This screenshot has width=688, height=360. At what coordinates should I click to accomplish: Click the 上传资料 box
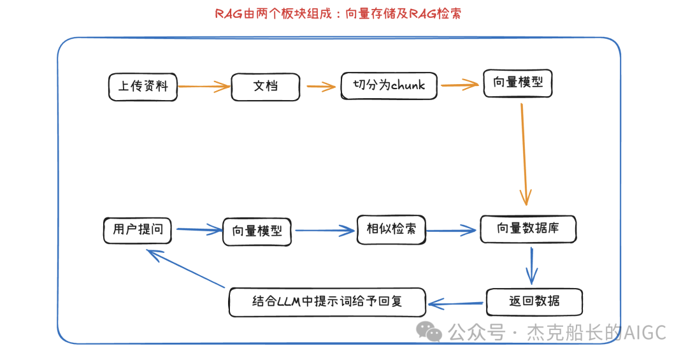[x=143, y=86]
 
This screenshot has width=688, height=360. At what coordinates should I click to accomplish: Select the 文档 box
[x=265, y=86]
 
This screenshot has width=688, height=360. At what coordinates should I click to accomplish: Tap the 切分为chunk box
[x=389, y=85]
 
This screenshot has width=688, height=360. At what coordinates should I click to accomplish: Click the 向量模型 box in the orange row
[x=517, y=83]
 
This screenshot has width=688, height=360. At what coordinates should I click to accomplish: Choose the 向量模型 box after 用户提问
[x=257, y=231]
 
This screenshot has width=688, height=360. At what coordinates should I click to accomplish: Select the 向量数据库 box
[x=527, y=229]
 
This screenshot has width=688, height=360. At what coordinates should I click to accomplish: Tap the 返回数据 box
[x=534, y=301]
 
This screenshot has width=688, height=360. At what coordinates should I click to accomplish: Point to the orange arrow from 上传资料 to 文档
[x=203, y=87]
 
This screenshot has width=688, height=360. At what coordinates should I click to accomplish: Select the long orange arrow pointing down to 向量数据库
[x=524, y=153]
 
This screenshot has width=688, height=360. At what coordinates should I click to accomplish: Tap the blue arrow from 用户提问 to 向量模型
[x=199, y=230]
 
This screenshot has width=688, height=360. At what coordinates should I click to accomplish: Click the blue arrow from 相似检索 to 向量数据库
[x=452, y=231]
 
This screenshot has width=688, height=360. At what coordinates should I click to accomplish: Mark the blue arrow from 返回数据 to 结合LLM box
[x=456, y=304]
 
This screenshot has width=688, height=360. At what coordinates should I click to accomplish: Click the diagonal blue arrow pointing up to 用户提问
[x=186, y=268]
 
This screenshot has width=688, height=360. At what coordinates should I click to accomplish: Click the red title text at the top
[x=338, y=13]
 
